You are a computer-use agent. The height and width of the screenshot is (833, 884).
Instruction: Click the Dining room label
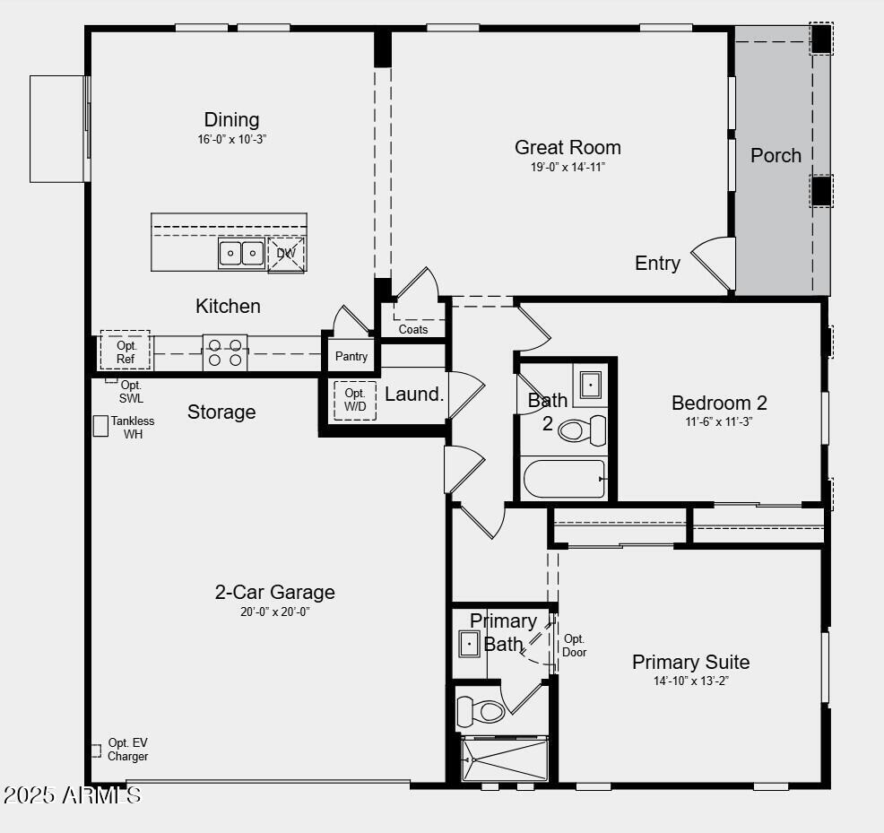[231, 119]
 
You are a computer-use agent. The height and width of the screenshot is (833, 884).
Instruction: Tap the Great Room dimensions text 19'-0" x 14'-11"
[568, 167]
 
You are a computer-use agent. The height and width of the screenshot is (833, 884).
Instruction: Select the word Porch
[776, 155]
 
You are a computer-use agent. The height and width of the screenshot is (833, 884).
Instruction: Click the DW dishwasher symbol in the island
[286, 254]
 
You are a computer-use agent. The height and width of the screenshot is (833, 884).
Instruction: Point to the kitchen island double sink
[241, 254]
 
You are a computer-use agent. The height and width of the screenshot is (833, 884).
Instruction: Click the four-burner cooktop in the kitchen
[225, 351]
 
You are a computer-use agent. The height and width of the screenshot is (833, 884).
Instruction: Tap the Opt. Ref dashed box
[126, 351]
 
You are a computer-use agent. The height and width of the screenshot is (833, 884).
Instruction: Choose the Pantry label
[351, 356]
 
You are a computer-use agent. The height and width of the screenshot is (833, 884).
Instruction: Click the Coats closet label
[413, 329]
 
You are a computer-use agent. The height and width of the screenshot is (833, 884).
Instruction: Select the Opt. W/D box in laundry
[355, 401]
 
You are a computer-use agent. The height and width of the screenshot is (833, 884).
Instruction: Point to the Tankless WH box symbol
[100, 426]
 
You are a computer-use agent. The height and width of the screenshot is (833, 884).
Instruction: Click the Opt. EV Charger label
[127, 750]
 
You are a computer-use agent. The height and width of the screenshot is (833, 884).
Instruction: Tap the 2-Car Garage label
[274, 592]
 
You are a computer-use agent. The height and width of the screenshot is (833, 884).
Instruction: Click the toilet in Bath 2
[583, 431]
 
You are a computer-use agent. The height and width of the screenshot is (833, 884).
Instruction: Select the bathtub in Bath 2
[565, 479]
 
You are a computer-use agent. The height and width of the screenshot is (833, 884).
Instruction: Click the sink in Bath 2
[591, 386]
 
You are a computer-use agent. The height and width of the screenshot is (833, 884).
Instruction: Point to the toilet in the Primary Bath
[481, 712]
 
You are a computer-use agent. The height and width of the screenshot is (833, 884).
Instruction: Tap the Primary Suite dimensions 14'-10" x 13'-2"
[690, 681]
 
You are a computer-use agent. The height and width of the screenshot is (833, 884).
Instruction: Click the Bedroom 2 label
[719, 403]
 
